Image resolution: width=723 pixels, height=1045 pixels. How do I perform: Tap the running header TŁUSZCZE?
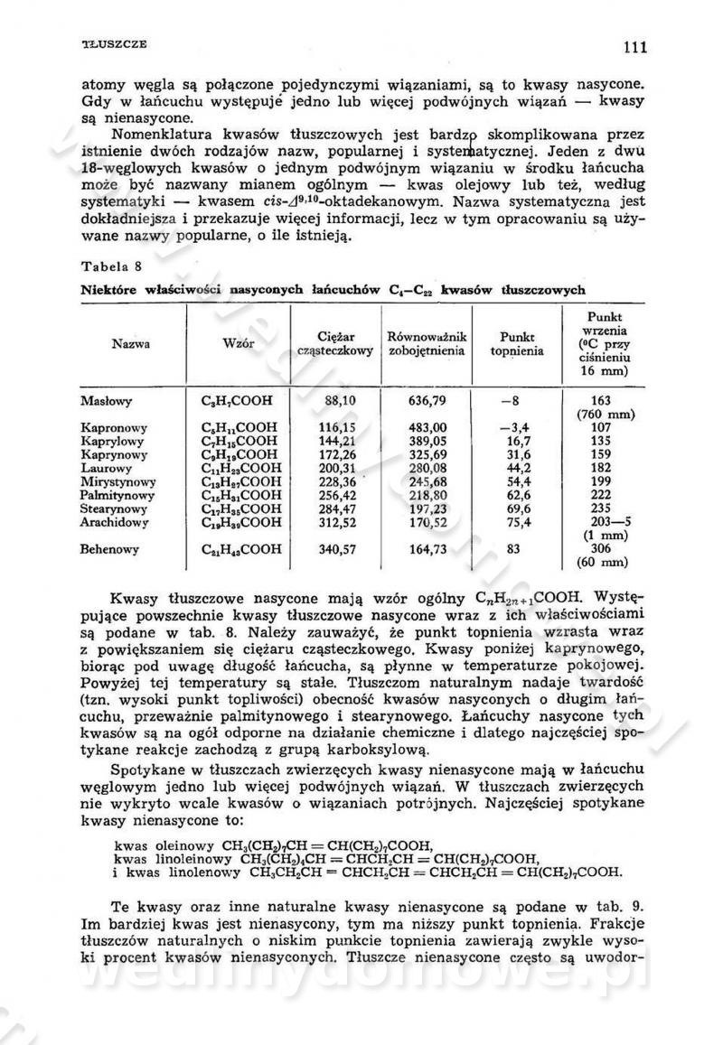click(x=115, y=43)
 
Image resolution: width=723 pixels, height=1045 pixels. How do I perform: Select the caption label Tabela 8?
click(x=107, y=268)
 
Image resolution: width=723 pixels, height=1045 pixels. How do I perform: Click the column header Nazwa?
click(x=131, y=343)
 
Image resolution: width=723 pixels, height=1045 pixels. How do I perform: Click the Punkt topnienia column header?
click(x=517, y=343)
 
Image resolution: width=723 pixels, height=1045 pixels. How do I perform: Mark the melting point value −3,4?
click(x=513, y=427)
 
